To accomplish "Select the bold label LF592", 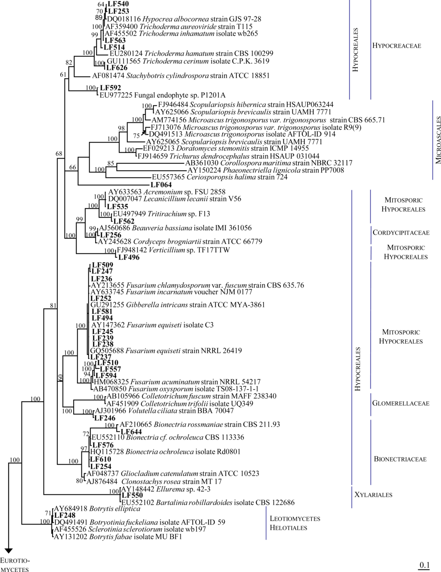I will point(110,88).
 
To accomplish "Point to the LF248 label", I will point(65,516).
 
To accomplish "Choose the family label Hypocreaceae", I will point(397,46).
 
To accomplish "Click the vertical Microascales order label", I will point(438,140).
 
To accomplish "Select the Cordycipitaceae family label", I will point(401,233).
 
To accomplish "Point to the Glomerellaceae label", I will point(401,403).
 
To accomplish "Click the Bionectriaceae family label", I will point(400,459).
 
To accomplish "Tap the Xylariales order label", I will point(373,495).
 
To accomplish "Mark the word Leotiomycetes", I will point(295,519).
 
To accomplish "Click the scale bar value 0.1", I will point(425,565).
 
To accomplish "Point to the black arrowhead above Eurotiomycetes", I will point(8,550).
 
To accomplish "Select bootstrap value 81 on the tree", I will point(53,306).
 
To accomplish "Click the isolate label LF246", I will point(105,418).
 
